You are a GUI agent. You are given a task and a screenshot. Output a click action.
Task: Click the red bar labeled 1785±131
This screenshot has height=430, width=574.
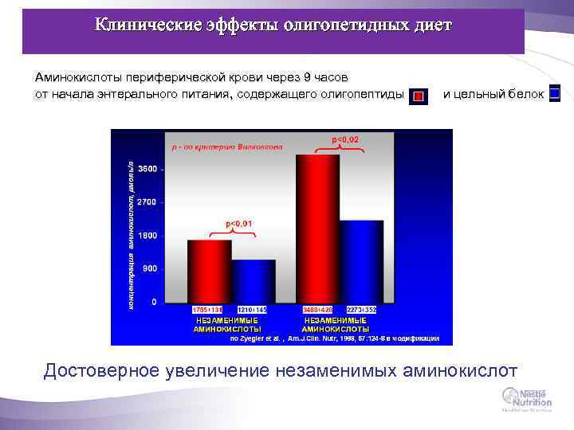click(x=209, y=271)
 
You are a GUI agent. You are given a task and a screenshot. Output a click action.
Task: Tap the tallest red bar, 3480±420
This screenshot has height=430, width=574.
click(x=317, y=228)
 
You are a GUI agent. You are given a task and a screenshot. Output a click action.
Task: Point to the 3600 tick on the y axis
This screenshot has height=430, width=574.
click(x=147, y=169)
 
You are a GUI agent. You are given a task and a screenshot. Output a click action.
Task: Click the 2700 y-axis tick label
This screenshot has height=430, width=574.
click(x=147, y=202)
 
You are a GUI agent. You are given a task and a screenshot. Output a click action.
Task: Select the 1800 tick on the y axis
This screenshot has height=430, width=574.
click(x=147, y=236)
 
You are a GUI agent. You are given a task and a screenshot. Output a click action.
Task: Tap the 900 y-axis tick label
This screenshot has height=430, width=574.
click(x=149, y=269)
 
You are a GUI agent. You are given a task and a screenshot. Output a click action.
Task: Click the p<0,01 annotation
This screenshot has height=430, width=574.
click(x=239, y=225)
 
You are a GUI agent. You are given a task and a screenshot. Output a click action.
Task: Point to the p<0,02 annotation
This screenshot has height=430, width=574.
click(x=345, y=140)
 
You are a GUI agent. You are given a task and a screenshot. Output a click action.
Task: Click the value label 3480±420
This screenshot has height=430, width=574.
click(x=317, y=309)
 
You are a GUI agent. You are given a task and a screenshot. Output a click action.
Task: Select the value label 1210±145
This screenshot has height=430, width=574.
click(x=253, y=309)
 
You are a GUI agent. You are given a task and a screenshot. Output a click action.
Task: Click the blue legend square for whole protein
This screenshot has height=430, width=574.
click(x=555, y=94)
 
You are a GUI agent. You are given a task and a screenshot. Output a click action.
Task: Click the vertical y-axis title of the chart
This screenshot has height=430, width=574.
click(x=131, y=235)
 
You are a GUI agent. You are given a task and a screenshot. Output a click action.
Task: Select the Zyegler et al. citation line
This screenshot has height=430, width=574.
click(x=334, y=338)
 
